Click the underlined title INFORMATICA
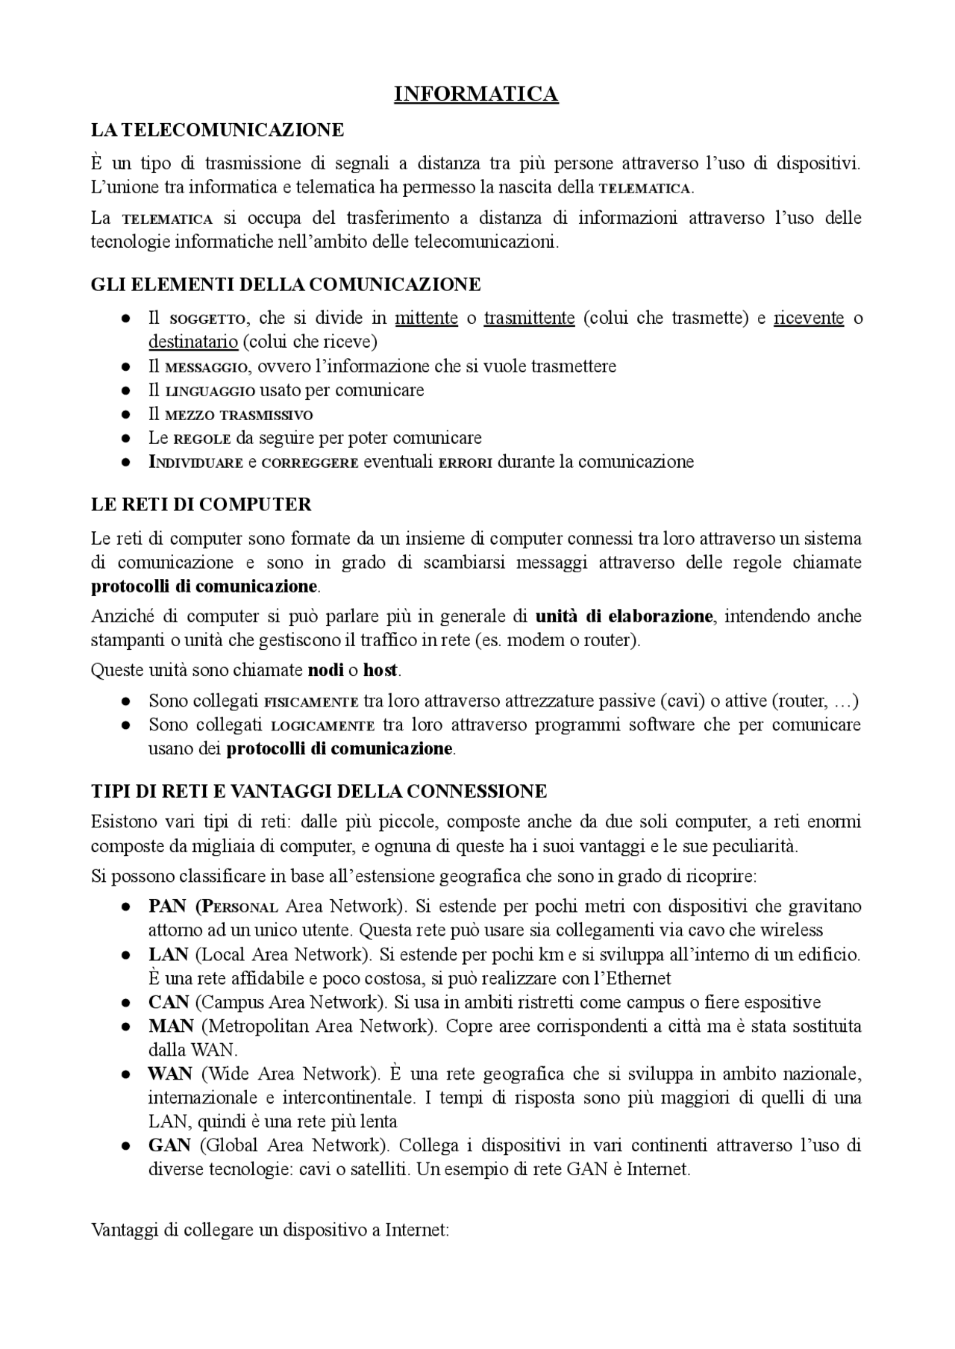point(476,94)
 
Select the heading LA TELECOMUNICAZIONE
point(217,130)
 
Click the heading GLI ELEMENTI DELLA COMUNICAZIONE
point(286,284)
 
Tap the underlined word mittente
point(426,318)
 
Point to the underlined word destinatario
point(192,342)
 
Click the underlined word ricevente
point(809,318)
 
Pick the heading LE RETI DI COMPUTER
point(201,504)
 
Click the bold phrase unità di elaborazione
point(624,616)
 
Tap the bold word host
point(381,670)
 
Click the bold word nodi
point(325,670)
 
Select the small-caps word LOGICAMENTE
point(322,725)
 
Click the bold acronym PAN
point(167,907)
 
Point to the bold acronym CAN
point(168,1002)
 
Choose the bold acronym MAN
point(171,1026)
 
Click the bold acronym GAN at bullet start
point(169,1145)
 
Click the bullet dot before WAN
point(127,1074)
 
